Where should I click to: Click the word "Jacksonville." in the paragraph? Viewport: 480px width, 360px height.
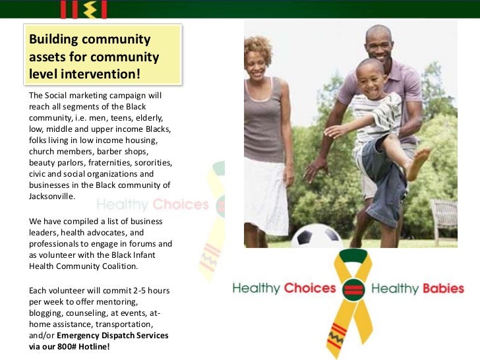click(x=52, y=196)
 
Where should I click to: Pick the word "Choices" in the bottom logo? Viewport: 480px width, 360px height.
click(x=309, y=289)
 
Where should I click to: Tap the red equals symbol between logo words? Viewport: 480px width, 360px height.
click(x=353, y=288)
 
